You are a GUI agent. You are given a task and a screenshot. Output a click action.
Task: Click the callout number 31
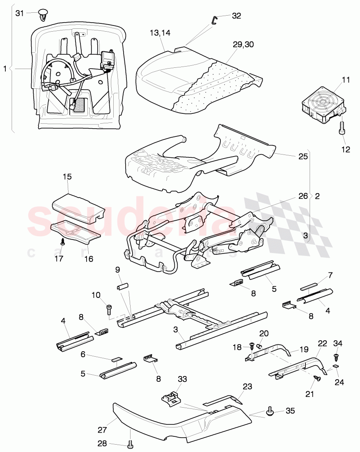tap(20, 13)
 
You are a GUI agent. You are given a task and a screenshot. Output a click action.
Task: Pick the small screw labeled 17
tap(62, 242)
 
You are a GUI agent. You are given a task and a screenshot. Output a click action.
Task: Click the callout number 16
tap(89, 259)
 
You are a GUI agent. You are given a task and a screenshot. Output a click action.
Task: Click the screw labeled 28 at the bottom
tap(131, 444)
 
